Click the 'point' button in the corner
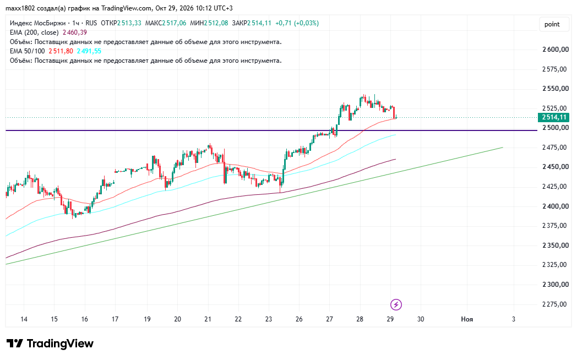click(x=552, y=24)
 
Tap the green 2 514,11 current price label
click(x=553, y=117)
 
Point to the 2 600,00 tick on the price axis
click(x=556, y=50)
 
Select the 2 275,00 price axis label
click(x=556, y=304)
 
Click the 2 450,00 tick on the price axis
click(x=556, y=167)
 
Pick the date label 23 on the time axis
click(x=269, y=319)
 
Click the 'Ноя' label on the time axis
click(x=467, y=319)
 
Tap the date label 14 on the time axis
click(x=24, y=319)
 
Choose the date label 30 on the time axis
click(x=421, y=319)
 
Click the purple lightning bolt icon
click(x=396, y=304)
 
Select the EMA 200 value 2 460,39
click(x=75, y=32)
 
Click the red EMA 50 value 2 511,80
click(x=61, y=51)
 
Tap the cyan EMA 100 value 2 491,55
click(x=89, y=51)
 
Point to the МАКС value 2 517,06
click(x=174, y=23)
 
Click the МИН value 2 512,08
click(x=216, y=23)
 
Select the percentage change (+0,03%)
click(x=306, y=23)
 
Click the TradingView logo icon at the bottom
click(x=15, y=343)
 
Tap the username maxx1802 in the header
click(x=20, y=8)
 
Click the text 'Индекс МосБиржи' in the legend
click(x=37, y=23)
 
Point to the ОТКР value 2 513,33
click(x=129, y=23)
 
